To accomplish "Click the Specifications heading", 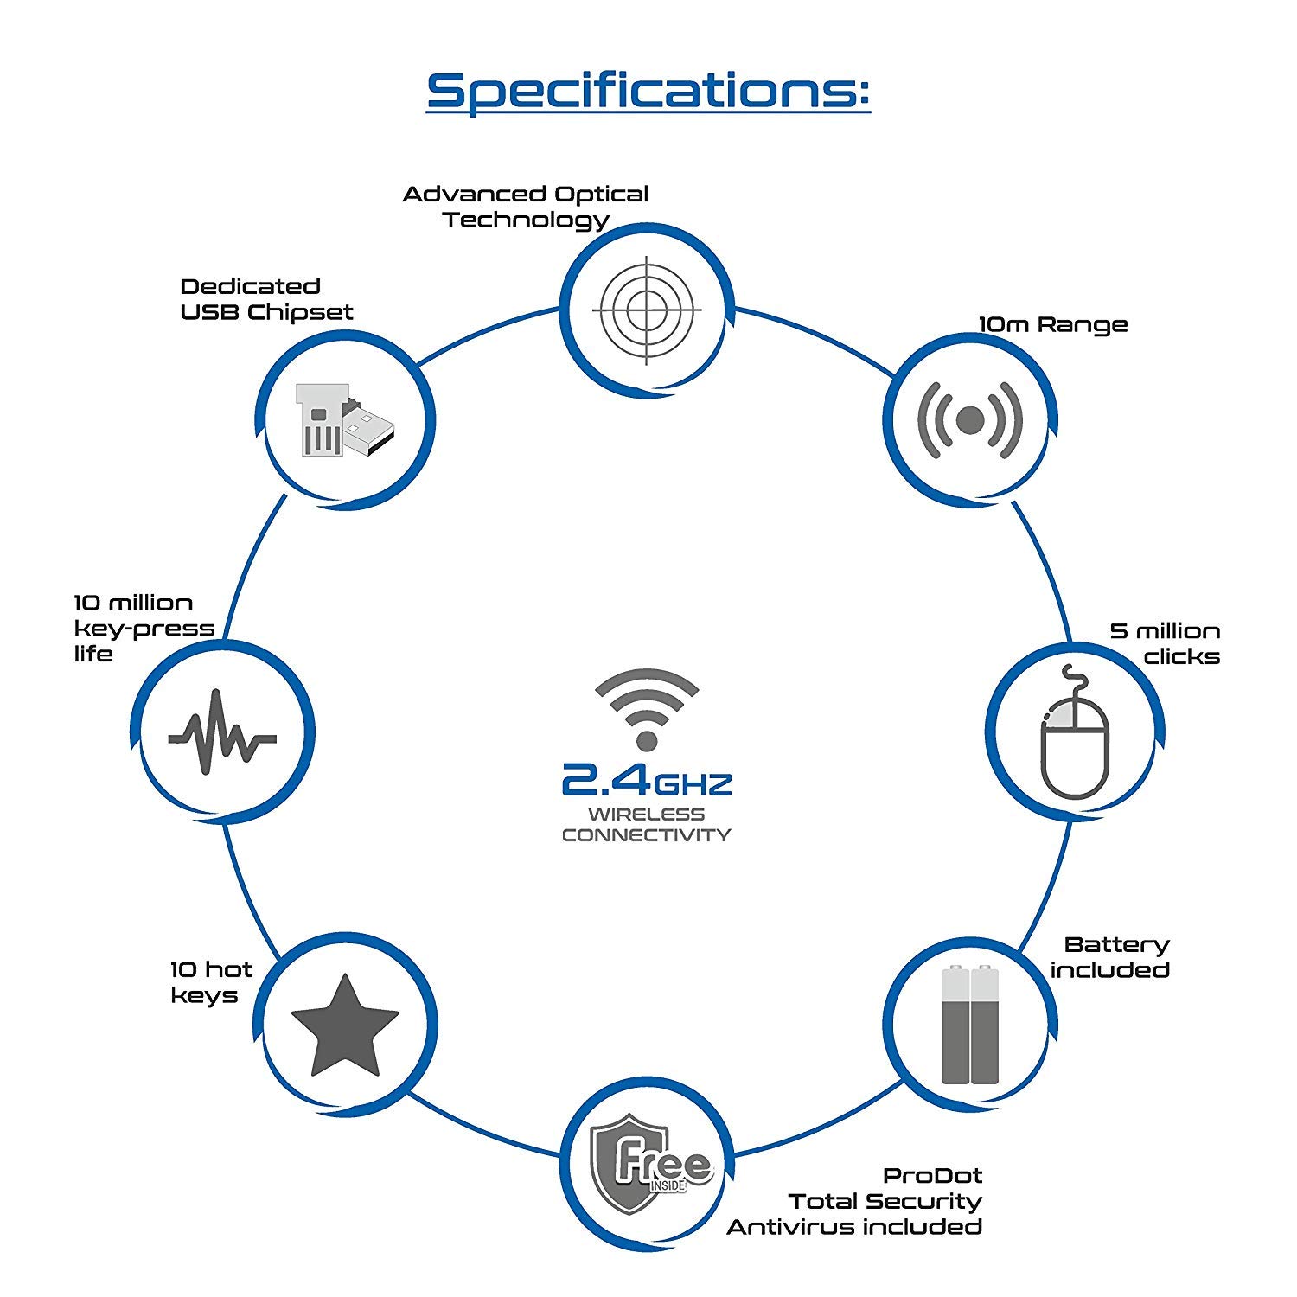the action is click(648, 91).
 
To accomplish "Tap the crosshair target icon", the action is click(647, 310).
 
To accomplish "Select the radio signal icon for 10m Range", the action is click(970, 420).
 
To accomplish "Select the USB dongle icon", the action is click(344, 420).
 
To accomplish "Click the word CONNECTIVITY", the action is click(647, 835).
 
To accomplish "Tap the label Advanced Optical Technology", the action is click(526, 207).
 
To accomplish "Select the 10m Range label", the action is click(1053, 325).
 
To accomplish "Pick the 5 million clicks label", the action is click(1166, 644).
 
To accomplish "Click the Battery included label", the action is click(1111, 957).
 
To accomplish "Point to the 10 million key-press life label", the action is click(143, 629).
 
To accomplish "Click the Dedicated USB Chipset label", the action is click(266, 299).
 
